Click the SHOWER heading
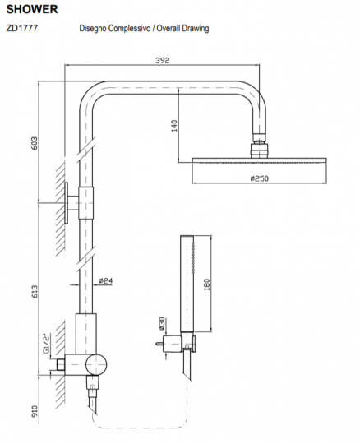point(32,9)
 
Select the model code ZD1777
point(22,28)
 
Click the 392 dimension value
point(163,60)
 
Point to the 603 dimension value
point(34,143)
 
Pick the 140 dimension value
point(174,126)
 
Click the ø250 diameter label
point(259,178)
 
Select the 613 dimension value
point(34,291)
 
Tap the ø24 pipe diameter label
point(105,280)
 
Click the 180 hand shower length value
point(206,284)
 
